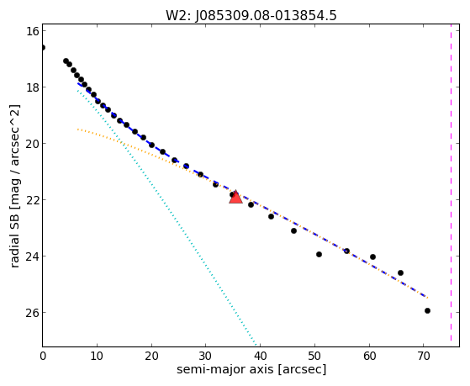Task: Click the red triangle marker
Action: pos(235,197)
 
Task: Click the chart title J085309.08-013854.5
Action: pos(266,15)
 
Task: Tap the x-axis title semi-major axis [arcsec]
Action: pos(251,369)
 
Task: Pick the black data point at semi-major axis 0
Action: pos(43,47)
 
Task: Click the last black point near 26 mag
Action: pos(427,310)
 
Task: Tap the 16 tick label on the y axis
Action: pos(33,31)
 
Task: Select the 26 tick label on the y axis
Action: pos(32,313)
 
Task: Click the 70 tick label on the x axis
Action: pos(423,356)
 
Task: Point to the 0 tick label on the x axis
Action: pos(43,356)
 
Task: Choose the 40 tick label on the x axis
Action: pos(260,356)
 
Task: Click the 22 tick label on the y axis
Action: pos(32,200)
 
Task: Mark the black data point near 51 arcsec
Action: pos(319,254)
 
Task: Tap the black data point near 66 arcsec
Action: pos(400,273)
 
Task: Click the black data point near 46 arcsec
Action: pos(293,230)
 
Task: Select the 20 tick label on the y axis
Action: pos(32,144)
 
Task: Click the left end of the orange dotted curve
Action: pos(77,129)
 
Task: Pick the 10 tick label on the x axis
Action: pos(97,356)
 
